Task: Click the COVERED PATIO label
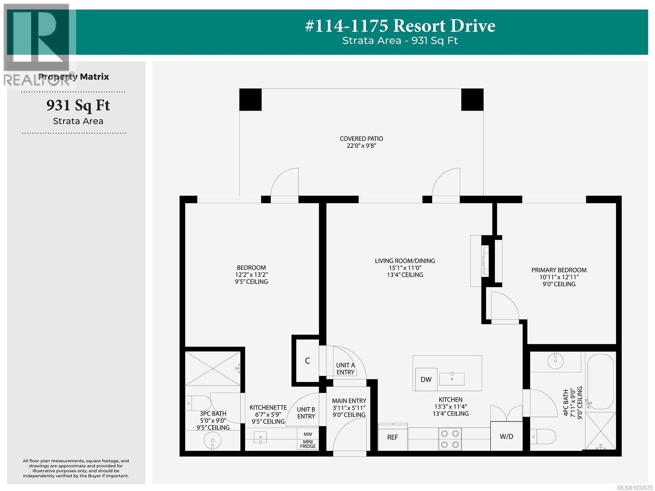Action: (361, 138)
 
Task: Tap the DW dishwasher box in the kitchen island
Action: (426, 379)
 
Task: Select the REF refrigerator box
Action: (393, 437)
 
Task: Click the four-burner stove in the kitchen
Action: (449, 439)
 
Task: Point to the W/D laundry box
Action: (506, 436)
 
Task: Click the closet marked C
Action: (307, 360)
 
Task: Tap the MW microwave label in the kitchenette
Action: (308, 434)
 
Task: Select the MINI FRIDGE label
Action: (308, 444)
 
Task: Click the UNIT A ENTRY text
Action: (345, 369)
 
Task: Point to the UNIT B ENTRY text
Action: (306, 413)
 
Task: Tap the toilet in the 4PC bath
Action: (543, 437)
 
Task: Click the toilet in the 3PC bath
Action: (198, 403)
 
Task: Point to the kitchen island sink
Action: (452, 379)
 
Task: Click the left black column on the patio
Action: (251, 100)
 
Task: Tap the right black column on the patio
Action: (472, 100)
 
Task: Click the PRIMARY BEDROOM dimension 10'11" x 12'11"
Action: (559, 277)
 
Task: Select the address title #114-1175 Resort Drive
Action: (400, 25)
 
